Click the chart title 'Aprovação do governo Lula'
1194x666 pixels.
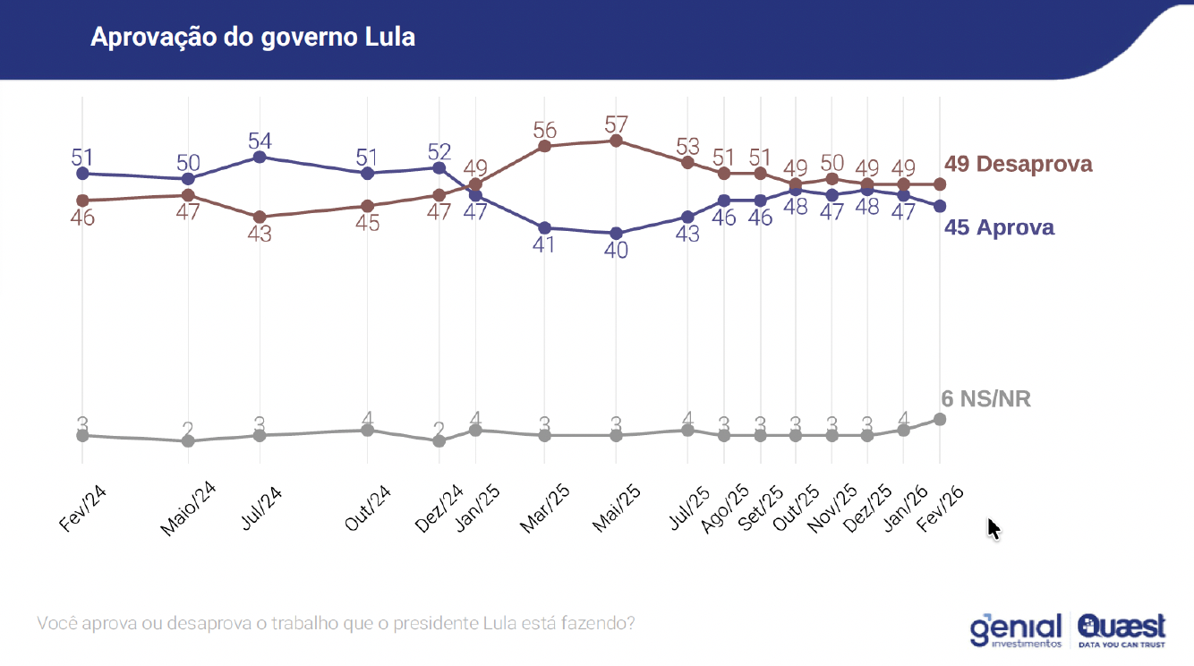(252, 38)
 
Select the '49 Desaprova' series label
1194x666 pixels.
(1019, 165)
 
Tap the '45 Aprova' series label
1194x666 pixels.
(999, 227)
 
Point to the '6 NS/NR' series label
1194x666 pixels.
(985, 399)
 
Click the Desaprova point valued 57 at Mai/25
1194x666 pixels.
(616, 141)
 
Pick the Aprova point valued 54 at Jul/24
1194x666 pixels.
(260, 157)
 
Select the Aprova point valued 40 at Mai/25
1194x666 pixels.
(616, 233)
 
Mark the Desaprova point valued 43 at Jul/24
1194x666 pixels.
(260, 217)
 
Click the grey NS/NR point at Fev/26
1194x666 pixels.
(940, 419)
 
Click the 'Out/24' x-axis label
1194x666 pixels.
(367, 508)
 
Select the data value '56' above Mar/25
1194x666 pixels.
(544, 129)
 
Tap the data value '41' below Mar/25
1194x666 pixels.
(544, 244)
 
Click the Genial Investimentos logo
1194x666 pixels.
(1016, 628)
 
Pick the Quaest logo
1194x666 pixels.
(1122, 628)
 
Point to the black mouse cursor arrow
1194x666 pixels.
(994, 528)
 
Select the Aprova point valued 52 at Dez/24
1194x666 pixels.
(439, 167)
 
